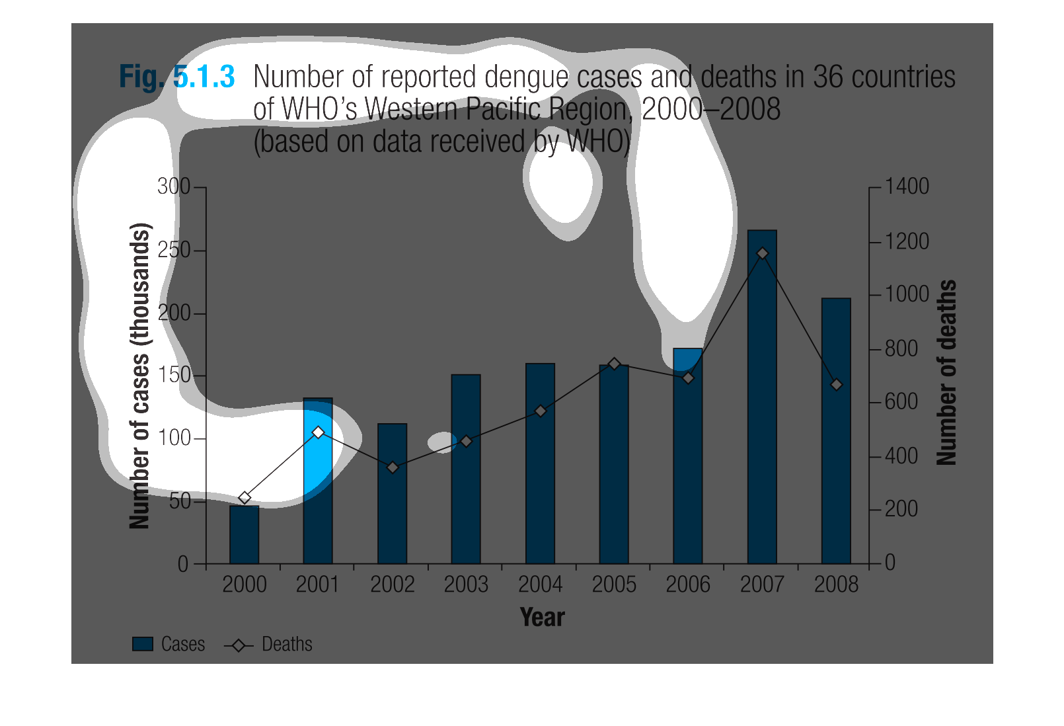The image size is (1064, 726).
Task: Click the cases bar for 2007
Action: point(762,397)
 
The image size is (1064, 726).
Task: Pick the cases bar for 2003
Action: point(466,469)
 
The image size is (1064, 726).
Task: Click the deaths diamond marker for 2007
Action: point(763,253)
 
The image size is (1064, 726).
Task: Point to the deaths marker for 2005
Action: point(614,364)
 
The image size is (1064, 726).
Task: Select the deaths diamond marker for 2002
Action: point(393,467)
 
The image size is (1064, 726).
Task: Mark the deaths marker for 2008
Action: point(837,384)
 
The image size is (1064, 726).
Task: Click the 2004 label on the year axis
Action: point(540,585)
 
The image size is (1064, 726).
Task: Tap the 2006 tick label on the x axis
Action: point(688,585)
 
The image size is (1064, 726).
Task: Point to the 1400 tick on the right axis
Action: point(907,186)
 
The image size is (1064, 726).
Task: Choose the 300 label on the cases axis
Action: point(174,186)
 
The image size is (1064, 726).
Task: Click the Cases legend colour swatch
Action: point(143,644)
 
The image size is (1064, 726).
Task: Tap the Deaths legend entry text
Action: point(287,644)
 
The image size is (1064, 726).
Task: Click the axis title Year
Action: point(542,617)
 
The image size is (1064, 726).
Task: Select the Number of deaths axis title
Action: point(947,372)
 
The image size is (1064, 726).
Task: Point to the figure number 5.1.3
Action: point(204,77)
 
